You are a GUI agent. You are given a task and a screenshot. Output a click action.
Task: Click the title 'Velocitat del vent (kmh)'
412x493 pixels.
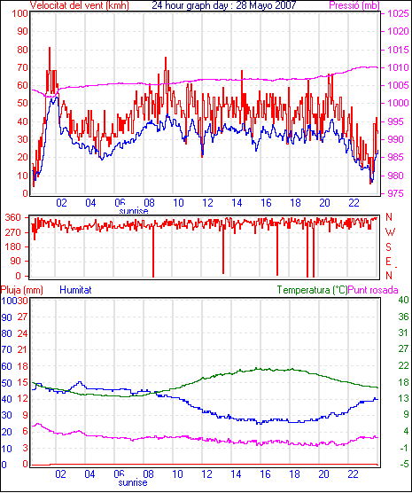80,5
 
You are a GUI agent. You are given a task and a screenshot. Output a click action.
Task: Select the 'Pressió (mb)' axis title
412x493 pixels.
354,5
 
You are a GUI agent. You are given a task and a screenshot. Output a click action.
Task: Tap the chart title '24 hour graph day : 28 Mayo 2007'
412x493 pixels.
224,5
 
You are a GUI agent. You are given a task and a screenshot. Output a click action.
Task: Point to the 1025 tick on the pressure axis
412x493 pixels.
398,13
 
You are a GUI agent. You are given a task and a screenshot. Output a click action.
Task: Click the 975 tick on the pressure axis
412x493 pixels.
395,193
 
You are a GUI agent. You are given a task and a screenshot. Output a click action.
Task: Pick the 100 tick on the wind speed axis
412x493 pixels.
19,13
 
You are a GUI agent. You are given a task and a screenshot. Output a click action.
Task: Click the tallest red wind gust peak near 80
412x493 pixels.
50,48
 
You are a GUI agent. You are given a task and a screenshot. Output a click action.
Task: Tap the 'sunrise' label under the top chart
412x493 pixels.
134,210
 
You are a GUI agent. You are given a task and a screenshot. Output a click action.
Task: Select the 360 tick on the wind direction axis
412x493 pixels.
13,217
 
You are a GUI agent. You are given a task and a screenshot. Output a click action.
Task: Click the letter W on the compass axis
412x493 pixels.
390,232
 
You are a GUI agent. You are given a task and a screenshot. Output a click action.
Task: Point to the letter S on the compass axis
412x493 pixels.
389,247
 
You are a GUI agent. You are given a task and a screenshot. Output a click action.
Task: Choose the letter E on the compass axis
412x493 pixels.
388,262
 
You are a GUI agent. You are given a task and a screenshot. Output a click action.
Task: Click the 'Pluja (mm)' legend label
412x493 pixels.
22,290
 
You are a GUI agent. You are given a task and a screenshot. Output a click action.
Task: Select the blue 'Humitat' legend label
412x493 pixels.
75,290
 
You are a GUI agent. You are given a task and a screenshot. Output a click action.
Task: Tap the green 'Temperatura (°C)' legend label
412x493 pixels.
313,290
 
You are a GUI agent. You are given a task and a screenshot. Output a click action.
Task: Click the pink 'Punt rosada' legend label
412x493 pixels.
373,290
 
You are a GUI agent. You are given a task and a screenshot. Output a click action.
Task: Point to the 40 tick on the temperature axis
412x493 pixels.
403,300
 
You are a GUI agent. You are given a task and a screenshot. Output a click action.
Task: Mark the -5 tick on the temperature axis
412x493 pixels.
404,464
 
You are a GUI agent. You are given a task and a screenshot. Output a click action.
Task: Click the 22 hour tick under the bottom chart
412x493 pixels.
354,473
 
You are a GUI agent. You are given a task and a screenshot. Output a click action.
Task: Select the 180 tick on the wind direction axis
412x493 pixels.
13,246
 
